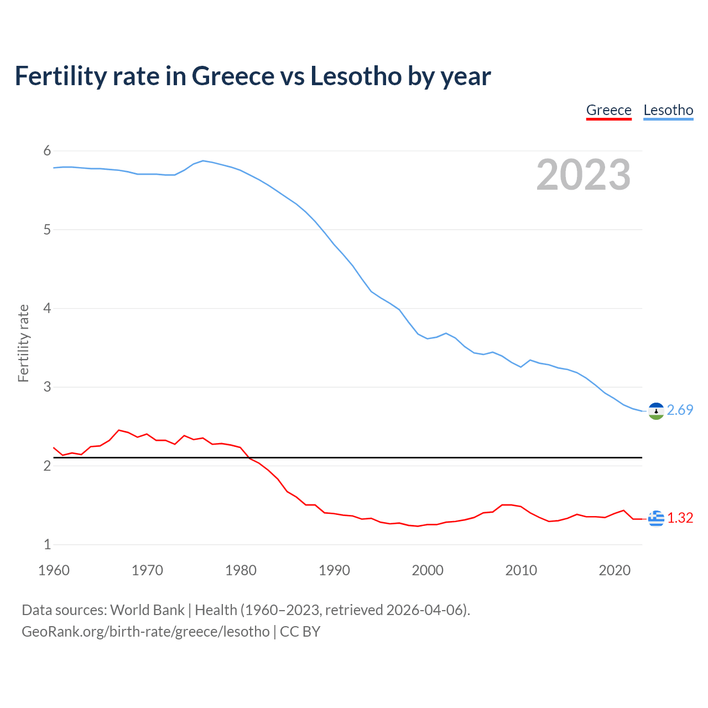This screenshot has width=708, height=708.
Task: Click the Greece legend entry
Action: pos(608,110)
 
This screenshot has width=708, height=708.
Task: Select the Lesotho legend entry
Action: pos(668,110)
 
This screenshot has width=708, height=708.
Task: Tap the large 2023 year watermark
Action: pos(584,175)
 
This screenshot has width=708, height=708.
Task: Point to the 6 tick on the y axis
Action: pos(47,151)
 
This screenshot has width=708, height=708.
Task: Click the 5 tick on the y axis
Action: pos(47,230)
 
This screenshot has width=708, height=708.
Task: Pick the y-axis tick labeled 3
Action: pos(47,387)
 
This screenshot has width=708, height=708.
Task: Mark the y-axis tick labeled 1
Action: pos(47,544)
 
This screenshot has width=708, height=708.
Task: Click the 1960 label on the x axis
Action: pos(54,570)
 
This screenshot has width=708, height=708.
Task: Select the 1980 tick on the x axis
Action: pos(241,570)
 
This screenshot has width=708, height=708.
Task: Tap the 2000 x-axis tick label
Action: pos(428,570)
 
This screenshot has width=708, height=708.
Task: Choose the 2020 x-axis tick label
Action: pos(615,570)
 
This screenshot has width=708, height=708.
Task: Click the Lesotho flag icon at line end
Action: pos(656,411)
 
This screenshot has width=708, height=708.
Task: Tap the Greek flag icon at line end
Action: pos(656,518)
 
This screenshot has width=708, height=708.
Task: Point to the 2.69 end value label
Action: pos(680,410)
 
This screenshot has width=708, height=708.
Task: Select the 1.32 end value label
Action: pos(680,518)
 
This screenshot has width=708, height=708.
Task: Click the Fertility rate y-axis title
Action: pos(23,343)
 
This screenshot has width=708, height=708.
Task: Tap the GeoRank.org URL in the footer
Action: pos(145,632)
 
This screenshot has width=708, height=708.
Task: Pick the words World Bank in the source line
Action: pos(147,610)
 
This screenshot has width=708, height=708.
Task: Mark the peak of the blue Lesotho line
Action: pos(203,160)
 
